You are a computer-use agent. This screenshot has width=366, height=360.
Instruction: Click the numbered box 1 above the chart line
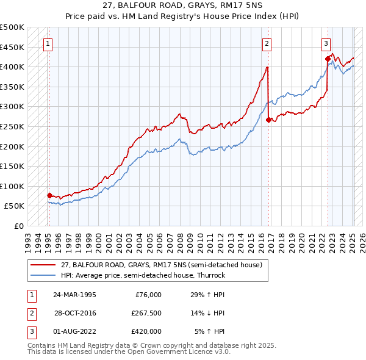48,43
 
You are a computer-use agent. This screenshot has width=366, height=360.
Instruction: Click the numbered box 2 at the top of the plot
267,43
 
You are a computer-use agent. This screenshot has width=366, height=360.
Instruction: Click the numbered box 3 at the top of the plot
326,43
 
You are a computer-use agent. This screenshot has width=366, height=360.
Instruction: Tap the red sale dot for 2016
269,120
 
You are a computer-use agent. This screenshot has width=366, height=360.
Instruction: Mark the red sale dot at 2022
328,59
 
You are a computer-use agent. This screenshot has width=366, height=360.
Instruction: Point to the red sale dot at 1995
49,195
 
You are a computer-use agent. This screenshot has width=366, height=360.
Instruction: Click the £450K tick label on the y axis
12,47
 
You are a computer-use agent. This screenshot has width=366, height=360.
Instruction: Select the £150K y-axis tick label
12,166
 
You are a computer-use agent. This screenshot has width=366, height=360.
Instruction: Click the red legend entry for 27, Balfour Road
161,265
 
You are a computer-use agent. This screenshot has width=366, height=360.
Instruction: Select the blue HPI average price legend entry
143,275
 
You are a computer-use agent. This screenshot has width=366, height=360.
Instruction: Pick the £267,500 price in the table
146,313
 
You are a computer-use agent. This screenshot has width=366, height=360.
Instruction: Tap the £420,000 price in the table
146,331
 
